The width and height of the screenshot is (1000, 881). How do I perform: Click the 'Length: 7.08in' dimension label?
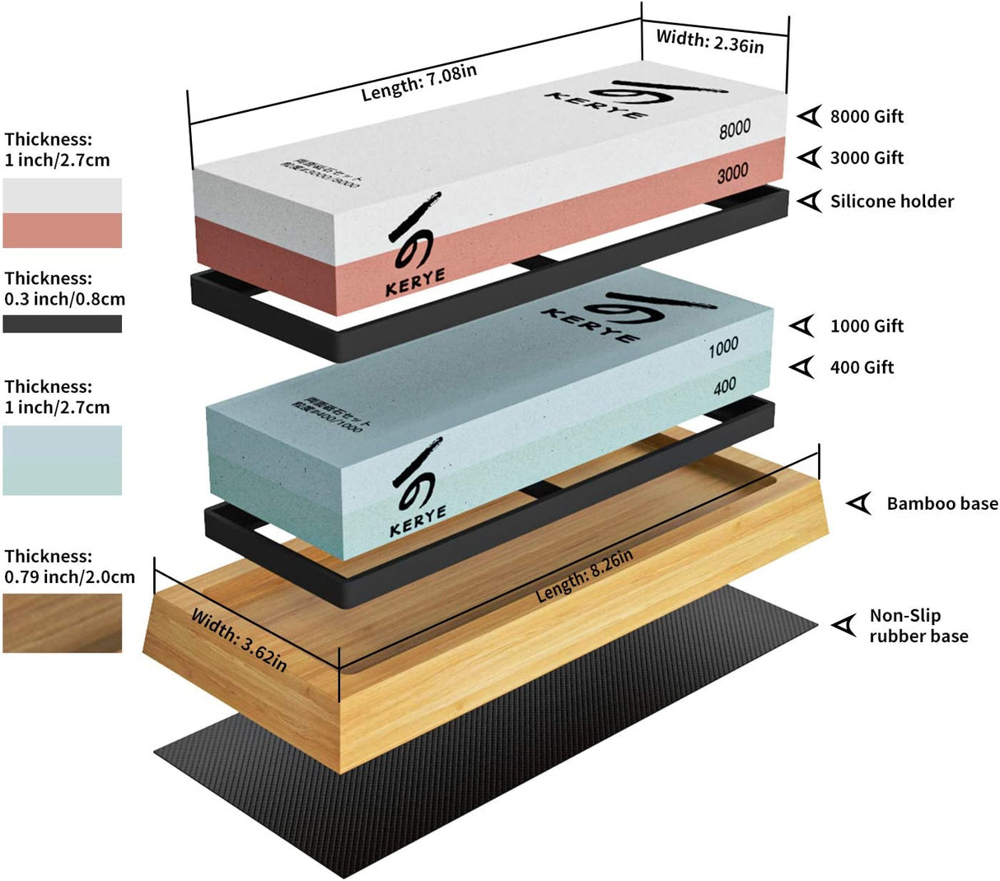point(418,82)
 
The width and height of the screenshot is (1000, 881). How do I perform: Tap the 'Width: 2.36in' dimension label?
point(710,40)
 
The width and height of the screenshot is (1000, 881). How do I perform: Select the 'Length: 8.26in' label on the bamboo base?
point(584,575)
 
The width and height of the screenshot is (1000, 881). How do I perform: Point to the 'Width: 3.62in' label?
point(239,640)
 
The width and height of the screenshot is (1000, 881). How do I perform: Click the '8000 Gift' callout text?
point(867,117)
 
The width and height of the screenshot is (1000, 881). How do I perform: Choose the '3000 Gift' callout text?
point(867,158)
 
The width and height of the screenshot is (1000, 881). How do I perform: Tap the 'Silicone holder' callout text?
point(891,201)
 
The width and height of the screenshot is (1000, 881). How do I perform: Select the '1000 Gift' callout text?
point(867,326)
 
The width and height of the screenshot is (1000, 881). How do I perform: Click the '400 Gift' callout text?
point(862,367)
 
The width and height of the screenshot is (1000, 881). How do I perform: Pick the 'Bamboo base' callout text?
point(942,503)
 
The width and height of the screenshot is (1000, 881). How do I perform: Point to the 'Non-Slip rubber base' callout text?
point(918,626)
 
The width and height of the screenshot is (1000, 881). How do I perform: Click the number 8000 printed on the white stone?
point(735,128)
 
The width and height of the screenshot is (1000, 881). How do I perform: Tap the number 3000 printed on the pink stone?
point(732,173)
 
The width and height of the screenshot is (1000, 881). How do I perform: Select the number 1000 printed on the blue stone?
point(723,348)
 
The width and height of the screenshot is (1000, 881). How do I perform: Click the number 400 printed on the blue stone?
point(724,386)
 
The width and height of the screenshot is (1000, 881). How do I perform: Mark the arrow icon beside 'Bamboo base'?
point(860,503)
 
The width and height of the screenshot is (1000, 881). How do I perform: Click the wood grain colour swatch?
point(62,623)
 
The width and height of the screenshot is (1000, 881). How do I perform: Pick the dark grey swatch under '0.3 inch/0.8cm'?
point(62,324)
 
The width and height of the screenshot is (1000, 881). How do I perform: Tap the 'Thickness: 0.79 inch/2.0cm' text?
point(69,566)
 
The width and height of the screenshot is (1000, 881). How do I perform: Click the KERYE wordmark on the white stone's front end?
point(415,282)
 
